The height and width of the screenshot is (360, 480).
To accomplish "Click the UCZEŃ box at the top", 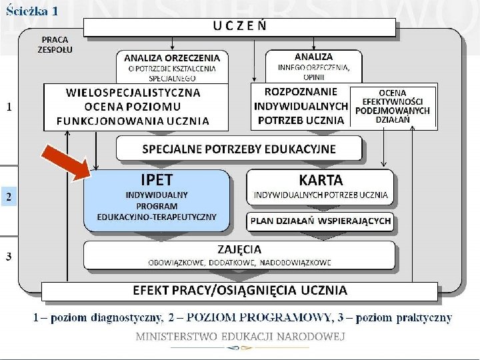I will pyautogui.click(x=239, y=27).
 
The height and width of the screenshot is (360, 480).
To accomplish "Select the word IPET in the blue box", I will pyautogui.click(x=156, y=180).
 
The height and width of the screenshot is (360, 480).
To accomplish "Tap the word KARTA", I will pyautogui.click(x=321, y=180).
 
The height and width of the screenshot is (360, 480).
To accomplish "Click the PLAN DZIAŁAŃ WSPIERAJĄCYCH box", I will pyautogui.click(x=321, y=221).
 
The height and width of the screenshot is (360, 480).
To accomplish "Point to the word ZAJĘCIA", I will pyautogui.click(x=239, y=249).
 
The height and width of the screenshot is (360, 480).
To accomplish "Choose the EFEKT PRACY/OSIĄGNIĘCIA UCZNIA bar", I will pyautogui.click(x=239, y=291).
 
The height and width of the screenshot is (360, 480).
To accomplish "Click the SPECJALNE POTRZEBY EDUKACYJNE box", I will pyautogui.click(x=239, y=149).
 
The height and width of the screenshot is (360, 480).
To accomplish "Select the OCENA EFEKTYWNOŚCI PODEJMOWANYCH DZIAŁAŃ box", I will pyautogui.click(x=393, y=106).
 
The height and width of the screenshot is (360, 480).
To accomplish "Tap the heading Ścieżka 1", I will pyautogui.click(x=31, y=11).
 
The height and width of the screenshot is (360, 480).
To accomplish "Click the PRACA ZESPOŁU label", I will pyautogui.click(x=56, y=44).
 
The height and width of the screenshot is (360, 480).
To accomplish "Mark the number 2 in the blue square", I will pyautogui.click(x=9, y=197).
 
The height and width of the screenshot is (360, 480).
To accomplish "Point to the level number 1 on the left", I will pyautogui.click(x=9, y=107).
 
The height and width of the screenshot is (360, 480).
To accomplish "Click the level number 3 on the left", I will pyautogui.click(x=9, y=257).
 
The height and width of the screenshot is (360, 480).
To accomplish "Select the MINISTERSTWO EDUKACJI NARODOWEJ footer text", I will pyautogui.click(x=240, y=337).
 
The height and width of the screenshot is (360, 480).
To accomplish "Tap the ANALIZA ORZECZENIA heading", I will pyautogui.click(x=172, y=57).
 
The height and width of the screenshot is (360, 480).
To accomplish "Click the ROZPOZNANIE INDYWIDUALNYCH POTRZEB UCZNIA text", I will pyautogui.click(x=301, y=106).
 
